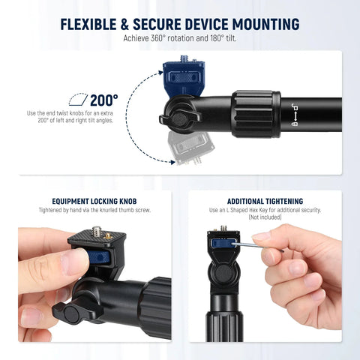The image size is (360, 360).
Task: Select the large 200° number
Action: click(104, 100)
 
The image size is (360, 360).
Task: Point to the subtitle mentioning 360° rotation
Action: click(179, 38)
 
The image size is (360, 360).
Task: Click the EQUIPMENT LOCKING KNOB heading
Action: click(94, 201)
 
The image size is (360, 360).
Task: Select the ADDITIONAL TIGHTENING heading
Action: click(265, 201)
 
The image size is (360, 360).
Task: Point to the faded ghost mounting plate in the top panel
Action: click(182, 152)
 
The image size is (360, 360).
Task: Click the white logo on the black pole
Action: click(295, 115)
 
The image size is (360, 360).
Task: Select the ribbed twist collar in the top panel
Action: click(256, 114)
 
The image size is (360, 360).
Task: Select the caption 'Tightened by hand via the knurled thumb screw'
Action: click(94, 210)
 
